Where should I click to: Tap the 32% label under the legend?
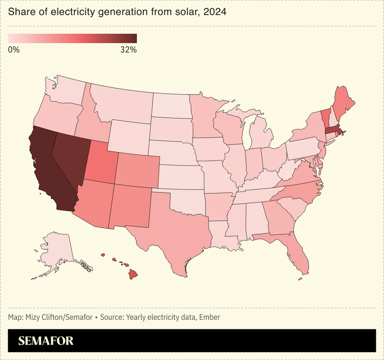pyautogui.click(x=128, y=49)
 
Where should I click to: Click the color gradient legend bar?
pyautogui.click(x=72, y=38)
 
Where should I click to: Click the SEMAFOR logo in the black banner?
pyautogui.click(x=46, y=341)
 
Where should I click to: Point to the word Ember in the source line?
pyautogui.click(x=210, y=317)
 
